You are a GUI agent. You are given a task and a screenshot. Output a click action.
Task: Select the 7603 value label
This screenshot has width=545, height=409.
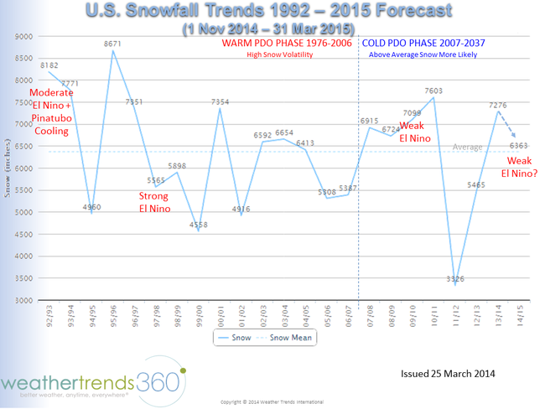coord(433,90)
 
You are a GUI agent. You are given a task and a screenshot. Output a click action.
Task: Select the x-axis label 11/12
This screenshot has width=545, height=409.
coord(456,315)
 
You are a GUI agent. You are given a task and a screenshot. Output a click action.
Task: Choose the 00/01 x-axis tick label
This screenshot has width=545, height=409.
coord(221,315)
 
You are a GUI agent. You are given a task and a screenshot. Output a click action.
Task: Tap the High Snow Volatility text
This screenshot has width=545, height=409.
coord(280,54)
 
